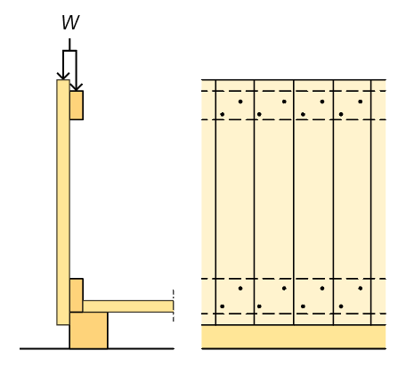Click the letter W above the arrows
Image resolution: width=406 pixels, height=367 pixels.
coord(70,22)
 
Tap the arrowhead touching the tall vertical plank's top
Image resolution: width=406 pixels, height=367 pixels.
coord(63,76)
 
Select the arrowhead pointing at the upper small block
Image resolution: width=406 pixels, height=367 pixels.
coord(77,87)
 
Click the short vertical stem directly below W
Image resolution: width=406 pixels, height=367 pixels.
coord(69,45)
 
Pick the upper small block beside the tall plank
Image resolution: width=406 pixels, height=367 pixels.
coord(77,105)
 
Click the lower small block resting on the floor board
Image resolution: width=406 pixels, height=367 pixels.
coord(77,296)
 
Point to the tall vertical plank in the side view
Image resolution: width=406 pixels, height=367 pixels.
coord(63,202)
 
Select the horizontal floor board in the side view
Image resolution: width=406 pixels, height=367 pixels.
coord(128,306)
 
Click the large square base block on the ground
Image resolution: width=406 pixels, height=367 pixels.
coord(89,330)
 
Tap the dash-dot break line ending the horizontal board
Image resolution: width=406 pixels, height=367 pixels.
coord(174,306)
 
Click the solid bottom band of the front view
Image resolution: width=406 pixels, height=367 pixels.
coord(294,337)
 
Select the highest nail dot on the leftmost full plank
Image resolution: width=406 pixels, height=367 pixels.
coord(240,102)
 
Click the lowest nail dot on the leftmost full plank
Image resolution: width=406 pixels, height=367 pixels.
coord(223,306)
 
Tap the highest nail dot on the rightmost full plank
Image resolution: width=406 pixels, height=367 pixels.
coord(361,102)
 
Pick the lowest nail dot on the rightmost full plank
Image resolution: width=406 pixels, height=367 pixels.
coord(341,306)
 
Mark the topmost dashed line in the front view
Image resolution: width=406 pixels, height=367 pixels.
coord(294,91)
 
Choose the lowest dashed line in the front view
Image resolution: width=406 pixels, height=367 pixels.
coord(294,314)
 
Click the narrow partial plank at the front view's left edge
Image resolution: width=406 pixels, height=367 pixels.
coord(208,202)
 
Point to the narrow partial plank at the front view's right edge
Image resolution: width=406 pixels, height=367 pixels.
coord(378,202)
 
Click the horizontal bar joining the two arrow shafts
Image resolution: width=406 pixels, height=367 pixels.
coord(69,51)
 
